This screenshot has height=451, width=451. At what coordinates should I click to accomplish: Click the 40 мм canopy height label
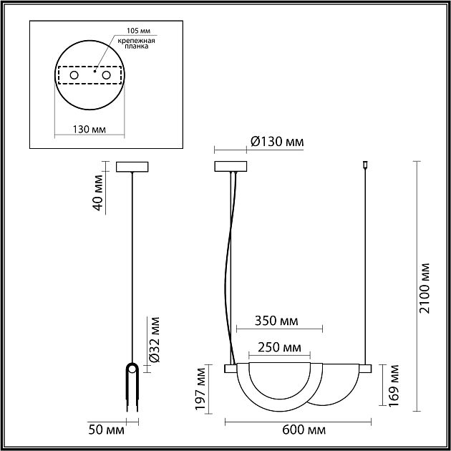pyautogui.click(x=99, y=192)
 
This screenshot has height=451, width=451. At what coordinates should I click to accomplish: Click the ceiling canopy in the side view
pyautogui.click(x=133, y=167)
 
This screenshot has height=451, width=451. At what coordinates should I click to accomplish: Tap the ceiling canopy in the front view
pyautogui.click(x=230, y=167)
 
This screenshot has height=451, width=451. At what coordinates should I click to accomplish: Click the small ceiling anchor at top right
pyautogui.click(x=366, y=165)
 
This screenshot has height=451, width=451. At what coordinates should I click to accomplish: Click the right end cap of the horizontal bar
pyautogui.click(x=366, y=368)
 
